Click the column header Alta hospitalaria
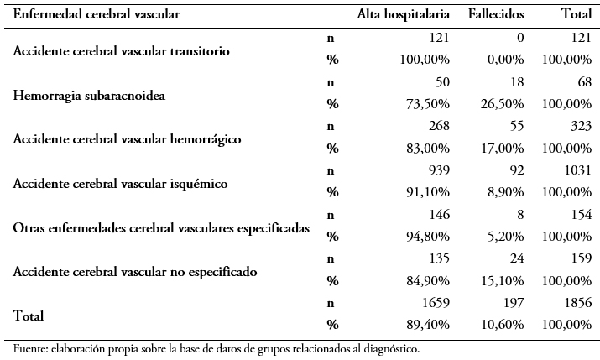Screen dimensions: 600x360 point(404,14)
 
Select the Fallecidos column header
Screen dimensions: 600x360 point(496,14)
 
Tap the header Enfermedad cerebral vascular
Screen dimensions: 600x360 point(96,14)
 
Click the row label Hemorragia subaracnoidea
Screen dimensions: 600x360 point(89,96)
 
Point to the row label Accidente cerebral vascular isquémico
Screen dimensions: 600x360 point(120,184)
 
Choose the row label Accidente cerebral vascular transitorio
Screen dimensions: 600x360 point(122,51)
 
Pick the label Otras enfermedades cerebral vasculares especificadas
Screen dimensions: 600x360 point(161,228)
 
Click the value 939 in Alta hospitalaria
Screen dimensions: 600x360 point(439,170)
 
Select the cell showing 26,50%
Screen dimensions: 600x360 point(502,104)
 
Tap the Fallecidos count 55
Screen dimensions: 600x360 point(516,126)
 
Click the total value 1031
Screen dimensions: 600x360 point(578,170)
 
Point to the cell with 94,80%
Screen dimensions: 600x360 point(428,237)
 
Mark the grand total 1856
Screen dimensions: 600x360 point(578,303)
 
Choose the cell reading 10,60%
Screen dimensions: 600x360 point(502,326)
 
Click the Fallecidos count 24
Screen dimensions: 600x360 point(516,258)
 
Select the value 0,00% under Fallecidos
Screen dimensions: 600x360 point(505,60)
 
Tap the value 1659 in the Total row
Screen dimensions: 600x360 point(436,303)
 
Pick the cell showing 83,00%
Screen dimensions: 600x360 point(428,149)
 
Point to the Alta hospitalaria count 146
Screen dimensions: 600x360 point(439,215)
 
